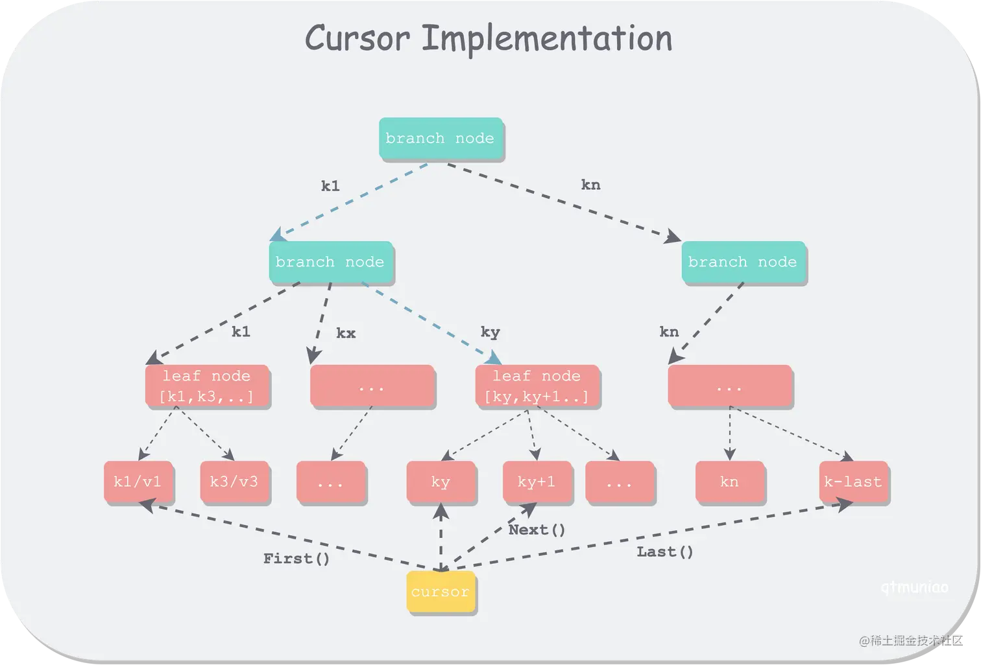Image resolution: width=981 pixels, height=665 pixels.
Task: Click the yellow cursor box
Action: pos(441,591)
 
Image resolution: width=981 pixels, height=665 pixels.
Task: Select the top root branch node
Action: pos(440,138)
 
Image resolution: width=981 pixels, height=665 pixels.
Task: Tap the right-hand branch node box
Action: pos(742,262)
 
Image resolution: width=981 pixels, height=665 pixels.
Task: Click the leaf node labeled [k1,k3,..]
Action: pos(206,386)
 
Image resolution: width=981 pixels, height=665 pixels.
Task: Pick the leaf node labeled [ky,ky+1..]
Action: pos(537,386)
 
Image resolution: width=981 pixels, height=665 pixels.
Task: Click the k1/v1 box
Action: pos(138,482)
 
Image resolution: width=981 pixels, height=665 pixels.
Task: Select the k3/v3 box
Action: pos(234,482)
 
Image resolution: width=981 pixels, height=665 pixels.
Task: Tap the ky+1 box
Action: pos(537,482)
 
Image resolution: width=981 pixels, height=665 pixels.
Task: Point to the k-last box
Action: pos(853,482)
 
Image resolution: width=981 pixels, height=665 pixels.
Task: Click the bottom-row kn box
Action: pos(729,482)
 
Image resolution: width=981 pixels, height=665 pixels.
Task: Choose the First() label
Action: pos(297,559)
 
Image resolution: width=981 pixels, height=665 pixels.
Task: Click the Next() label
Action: pos(537,530)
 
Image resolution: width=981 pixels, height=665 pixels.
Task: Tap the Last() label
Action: pos(665,552)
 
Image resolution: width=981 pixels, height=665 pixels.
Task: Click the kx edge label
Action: pos(346,333)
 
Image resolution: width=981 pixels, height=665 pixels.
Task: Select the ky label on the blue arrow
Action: pos(490,332)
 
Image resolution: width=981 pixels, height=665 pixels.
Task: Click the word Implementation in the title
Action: pos(547,39)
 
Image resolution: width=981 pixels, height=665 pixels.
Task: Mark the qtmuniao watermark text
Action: pos(915,588)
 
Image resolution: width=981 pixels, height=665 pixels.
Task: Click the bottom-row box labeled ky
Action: pos(441,482)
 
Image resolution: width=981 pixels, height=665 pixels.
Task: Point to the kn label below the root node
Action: pos(590,185)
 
